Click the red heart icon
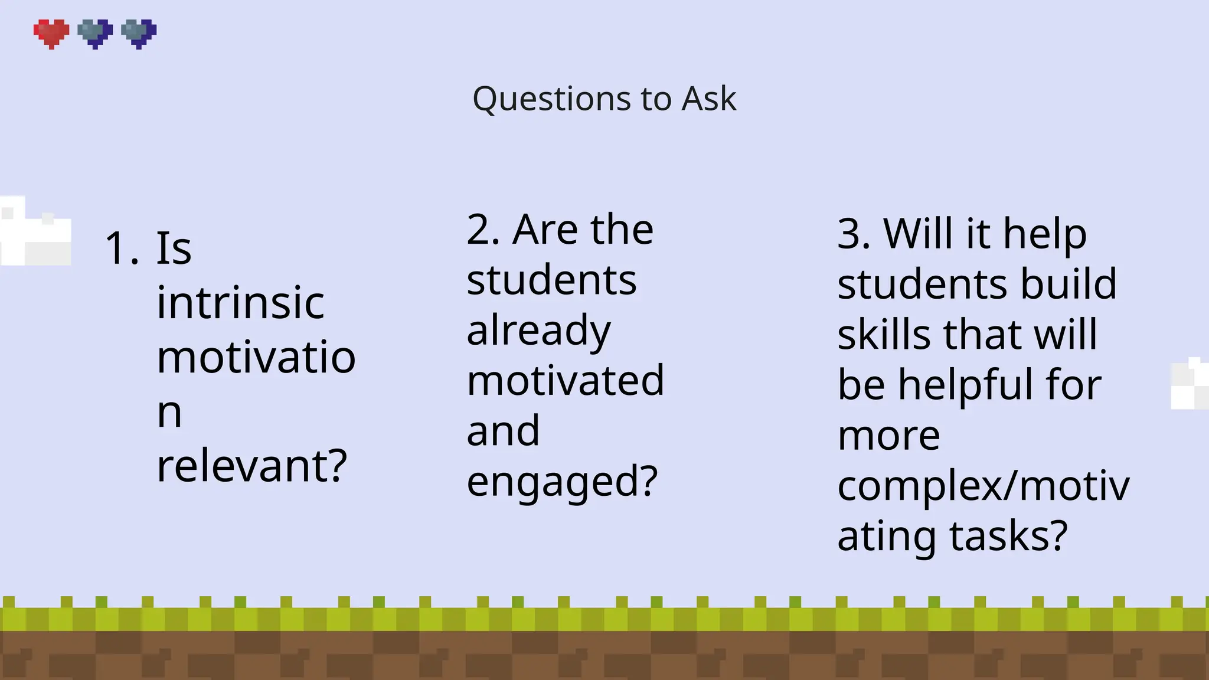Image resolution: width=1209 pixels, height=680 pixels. point(51,33)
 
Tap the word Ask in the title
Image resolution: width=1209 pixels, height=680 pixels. point(708,99)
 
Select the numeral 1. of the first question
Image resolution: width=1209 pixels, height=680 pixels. point(122,249)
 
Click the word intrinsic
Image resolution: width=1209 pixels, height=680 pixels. point(240,303)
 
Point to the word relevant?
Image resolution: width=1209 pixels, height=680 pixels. point(252,466)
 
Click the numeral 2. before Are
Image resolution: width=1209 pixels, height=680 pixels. point(483,230)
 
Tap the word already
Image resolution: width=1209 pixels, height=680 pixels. point(538,331)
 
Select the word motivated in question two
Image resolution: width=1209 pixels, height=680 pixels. point(565,381)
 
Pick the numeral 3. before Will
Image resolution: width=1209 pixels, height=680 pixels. point(854,234)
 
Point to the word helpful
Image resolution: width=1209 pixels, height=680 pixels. point(966,385)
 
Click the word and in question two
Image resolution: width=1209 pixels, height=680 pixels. point(503,431)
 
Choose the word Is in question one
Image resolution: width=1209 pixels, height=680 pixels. point(174,249)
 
